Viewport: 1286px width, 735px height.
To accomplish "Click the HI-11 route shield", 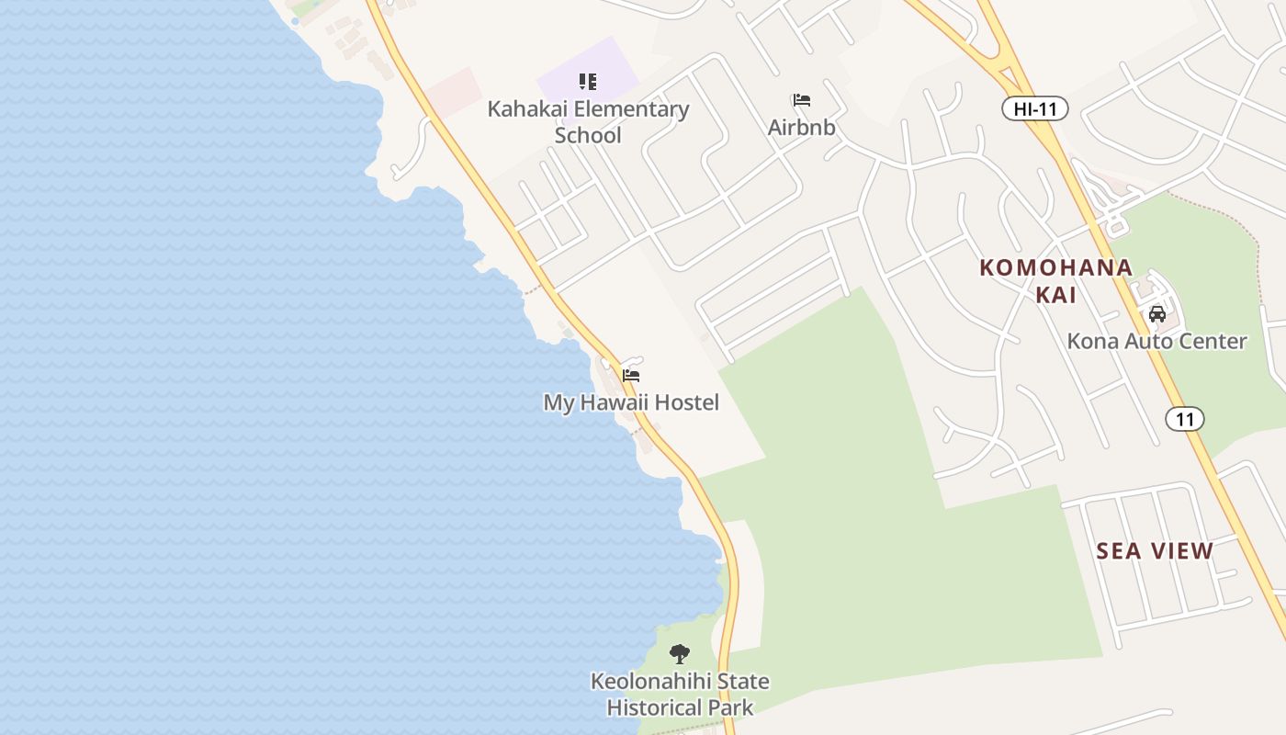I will click(1034, 108).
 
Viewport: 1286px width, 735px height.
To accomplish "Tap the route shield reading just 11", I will click(1184, 419).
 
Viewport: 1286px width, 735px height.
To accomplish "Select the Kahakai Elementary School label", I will click(588, 121).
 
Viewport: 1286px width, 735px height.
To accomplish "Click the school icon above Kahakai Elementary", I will click(588, 82).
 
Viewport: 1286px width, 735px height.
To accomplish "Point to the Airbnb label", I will click(801, 127).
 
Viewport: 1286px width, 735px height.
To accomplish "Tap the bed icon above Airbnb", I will click(802, 100).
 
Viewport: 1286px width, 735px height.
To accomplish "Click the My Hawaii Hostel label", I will click(631, 402).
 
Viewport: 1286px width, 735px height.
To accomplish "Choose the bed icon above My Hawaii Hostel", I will click(631, 375).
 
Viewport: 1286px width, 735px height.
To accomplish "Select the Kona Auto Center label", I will click(1156, 341).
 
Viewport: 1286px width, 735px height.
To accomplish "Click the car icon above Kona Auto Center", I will click(1157, 314).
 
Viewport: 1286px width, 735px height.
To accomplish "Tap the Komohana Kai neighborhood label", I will click(1055, 281).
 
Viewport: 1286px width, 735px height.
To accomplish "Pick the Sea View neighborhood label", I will click(1155, 550).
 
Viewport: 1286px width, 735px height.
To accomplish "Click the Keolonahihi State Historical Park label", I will click(680, 695).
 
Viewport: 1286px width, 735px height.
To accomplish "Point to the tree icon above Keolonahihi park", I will click(680, 654).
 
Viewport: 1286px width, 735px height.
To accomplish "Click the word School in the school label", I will click(588, 135).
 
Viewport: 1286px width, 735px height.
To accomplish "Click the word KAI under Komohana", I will click(1055, 295).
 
